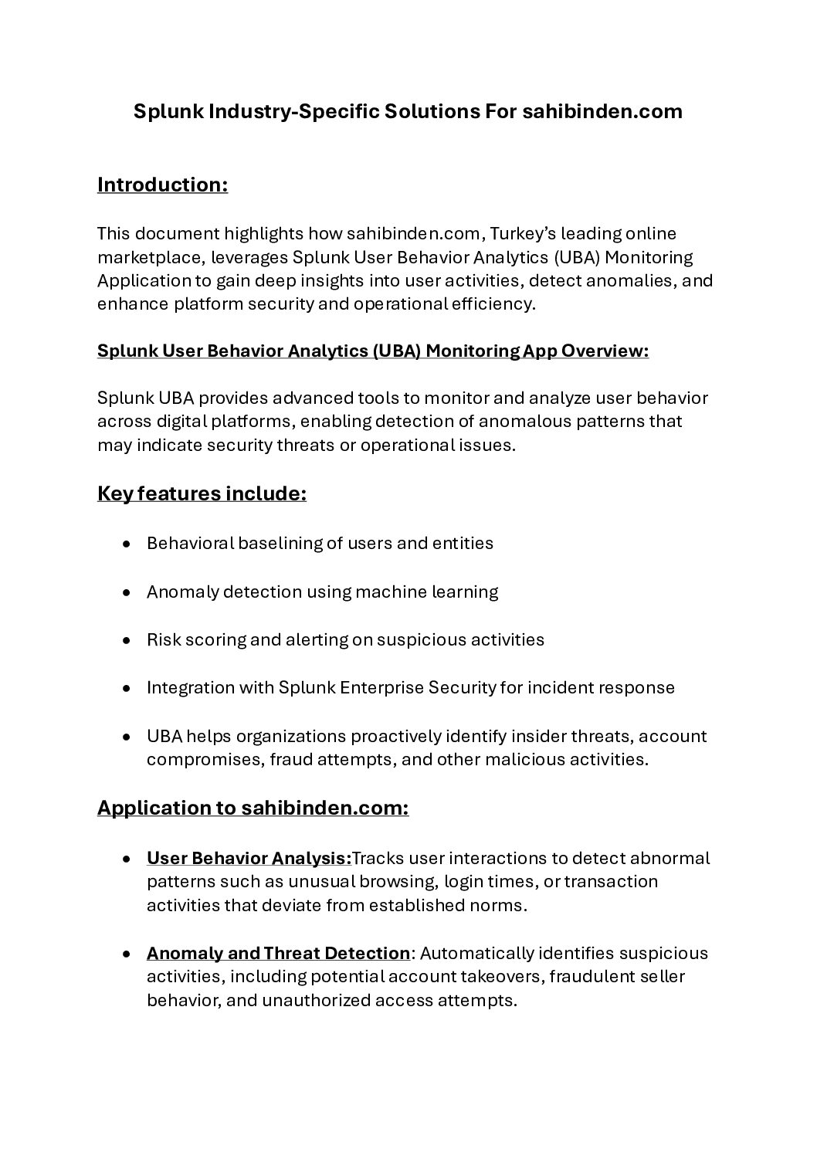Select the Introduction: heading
(162, 185)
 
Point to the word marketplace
(151, 257)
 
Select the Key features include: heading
(202, 493)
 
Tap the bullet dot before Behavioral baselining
(126, 544)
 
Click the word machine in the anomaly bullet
(380, 592)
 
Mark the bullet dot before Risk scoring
(126, 640)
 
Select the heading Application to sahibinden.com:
(253, 809)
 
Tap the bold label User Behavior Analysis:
(249, 859)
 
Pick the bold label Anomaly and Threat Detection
(278, 954)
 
